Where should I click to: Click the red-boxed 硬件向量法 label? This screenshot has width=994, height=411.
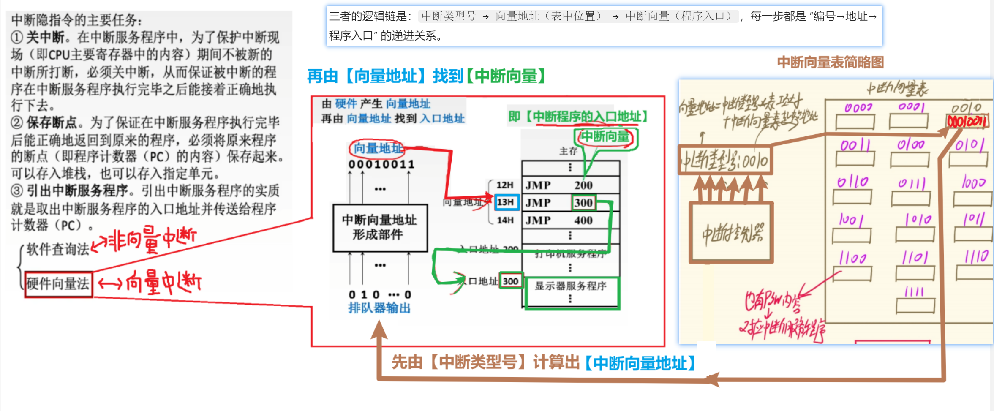(58, 284)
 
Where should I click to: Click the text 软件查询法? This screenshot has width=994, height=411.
(57, 249)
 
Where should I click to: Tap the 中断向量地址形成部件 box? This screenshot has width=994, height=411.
(380, 228)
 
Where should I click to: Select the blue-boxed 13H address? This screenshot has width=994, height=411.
(506, 202)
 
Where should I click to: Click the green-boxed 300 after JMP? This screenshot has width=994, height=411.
(583, 203)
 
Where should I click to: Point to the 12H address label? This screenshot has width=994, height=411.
(505, 185)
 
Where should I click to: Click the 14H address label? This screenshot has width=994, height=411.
(505, 220)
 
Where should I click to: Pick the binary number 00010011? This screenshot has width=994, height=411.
(381, 164)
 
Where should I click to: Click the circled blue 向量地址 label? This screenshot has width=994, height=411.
(377, 148)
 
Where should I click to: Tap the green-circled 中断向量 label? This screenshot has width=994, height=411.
(605, 137)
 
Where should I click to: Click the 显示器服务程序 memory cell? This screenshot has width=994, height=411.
(571, 286)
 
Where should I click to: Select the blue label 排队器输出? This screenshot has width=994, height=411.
(379, 308)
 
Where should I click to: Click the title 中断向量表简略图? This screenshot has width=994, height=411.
(830, 62)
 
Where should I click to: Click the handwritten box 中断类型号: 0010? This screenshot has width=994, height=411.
(725, 161)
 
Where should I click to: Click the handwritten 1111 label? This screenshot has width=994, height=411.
(914, 292)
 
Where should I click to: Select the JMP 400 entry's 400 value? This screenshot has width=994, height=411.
(583, 220)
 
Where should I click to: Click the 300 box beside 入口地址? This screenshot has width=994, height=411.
(510, 281)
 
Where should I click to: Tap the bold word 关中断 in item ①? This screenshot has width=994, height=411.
(45, 38)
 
